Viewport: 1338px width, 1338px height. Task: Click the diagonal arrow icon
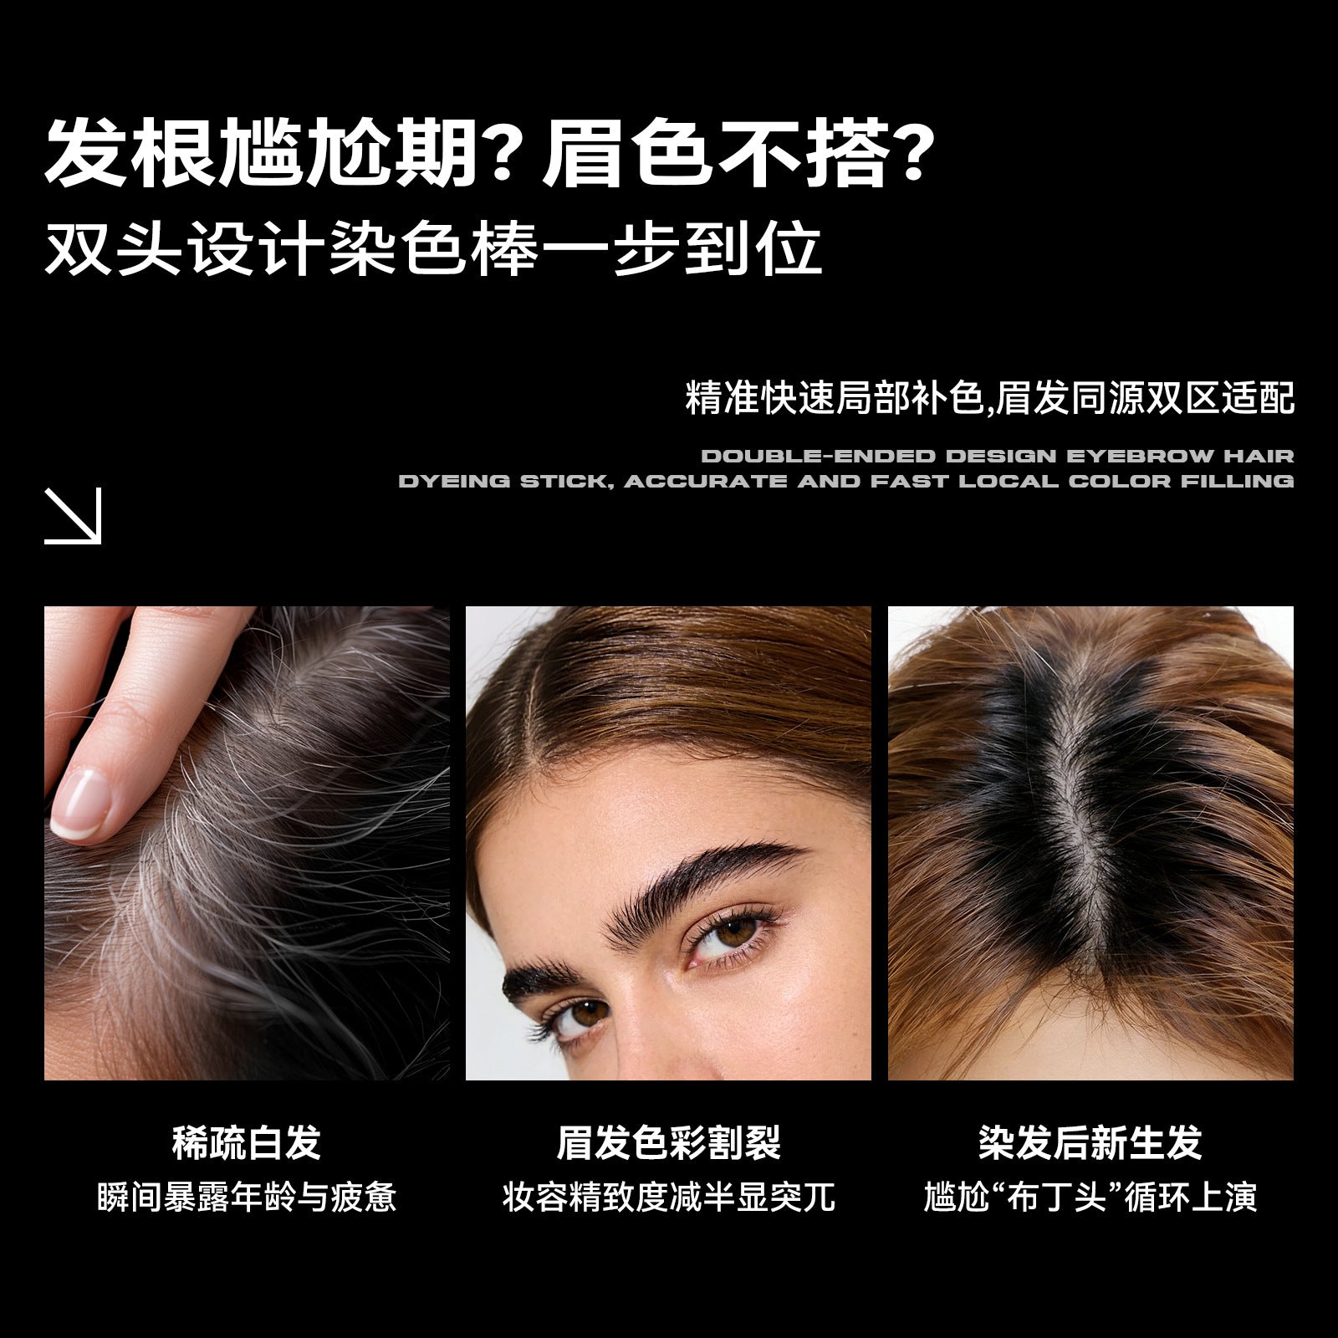(73, 516)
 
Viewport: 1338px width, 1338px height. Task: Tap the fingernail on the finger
(80, 802)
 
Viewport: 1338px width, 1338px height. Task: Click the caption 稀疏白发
(247, 1143)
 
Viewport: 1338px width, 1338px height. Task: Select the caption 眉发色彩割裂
(669, 1143)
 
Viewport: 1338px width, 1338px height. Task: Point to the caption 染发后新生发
(1090, 1143)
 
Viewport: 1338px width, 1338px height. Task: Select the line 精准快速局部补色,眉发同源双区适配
(990, 398)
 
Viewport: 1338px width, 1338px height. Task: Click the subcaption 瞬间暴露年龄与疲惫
(247, 1198)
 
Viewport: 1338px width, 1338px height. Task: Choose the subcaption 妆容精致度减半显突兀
(669, 1198)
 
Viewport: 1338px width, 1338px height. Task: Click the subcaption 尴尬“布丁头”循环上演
(1090, 1198)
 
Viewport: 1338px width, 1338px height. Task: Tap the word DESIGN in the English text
(1002, 457)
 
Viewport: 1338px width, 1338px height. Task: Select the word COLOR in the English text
(1120, 482)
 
